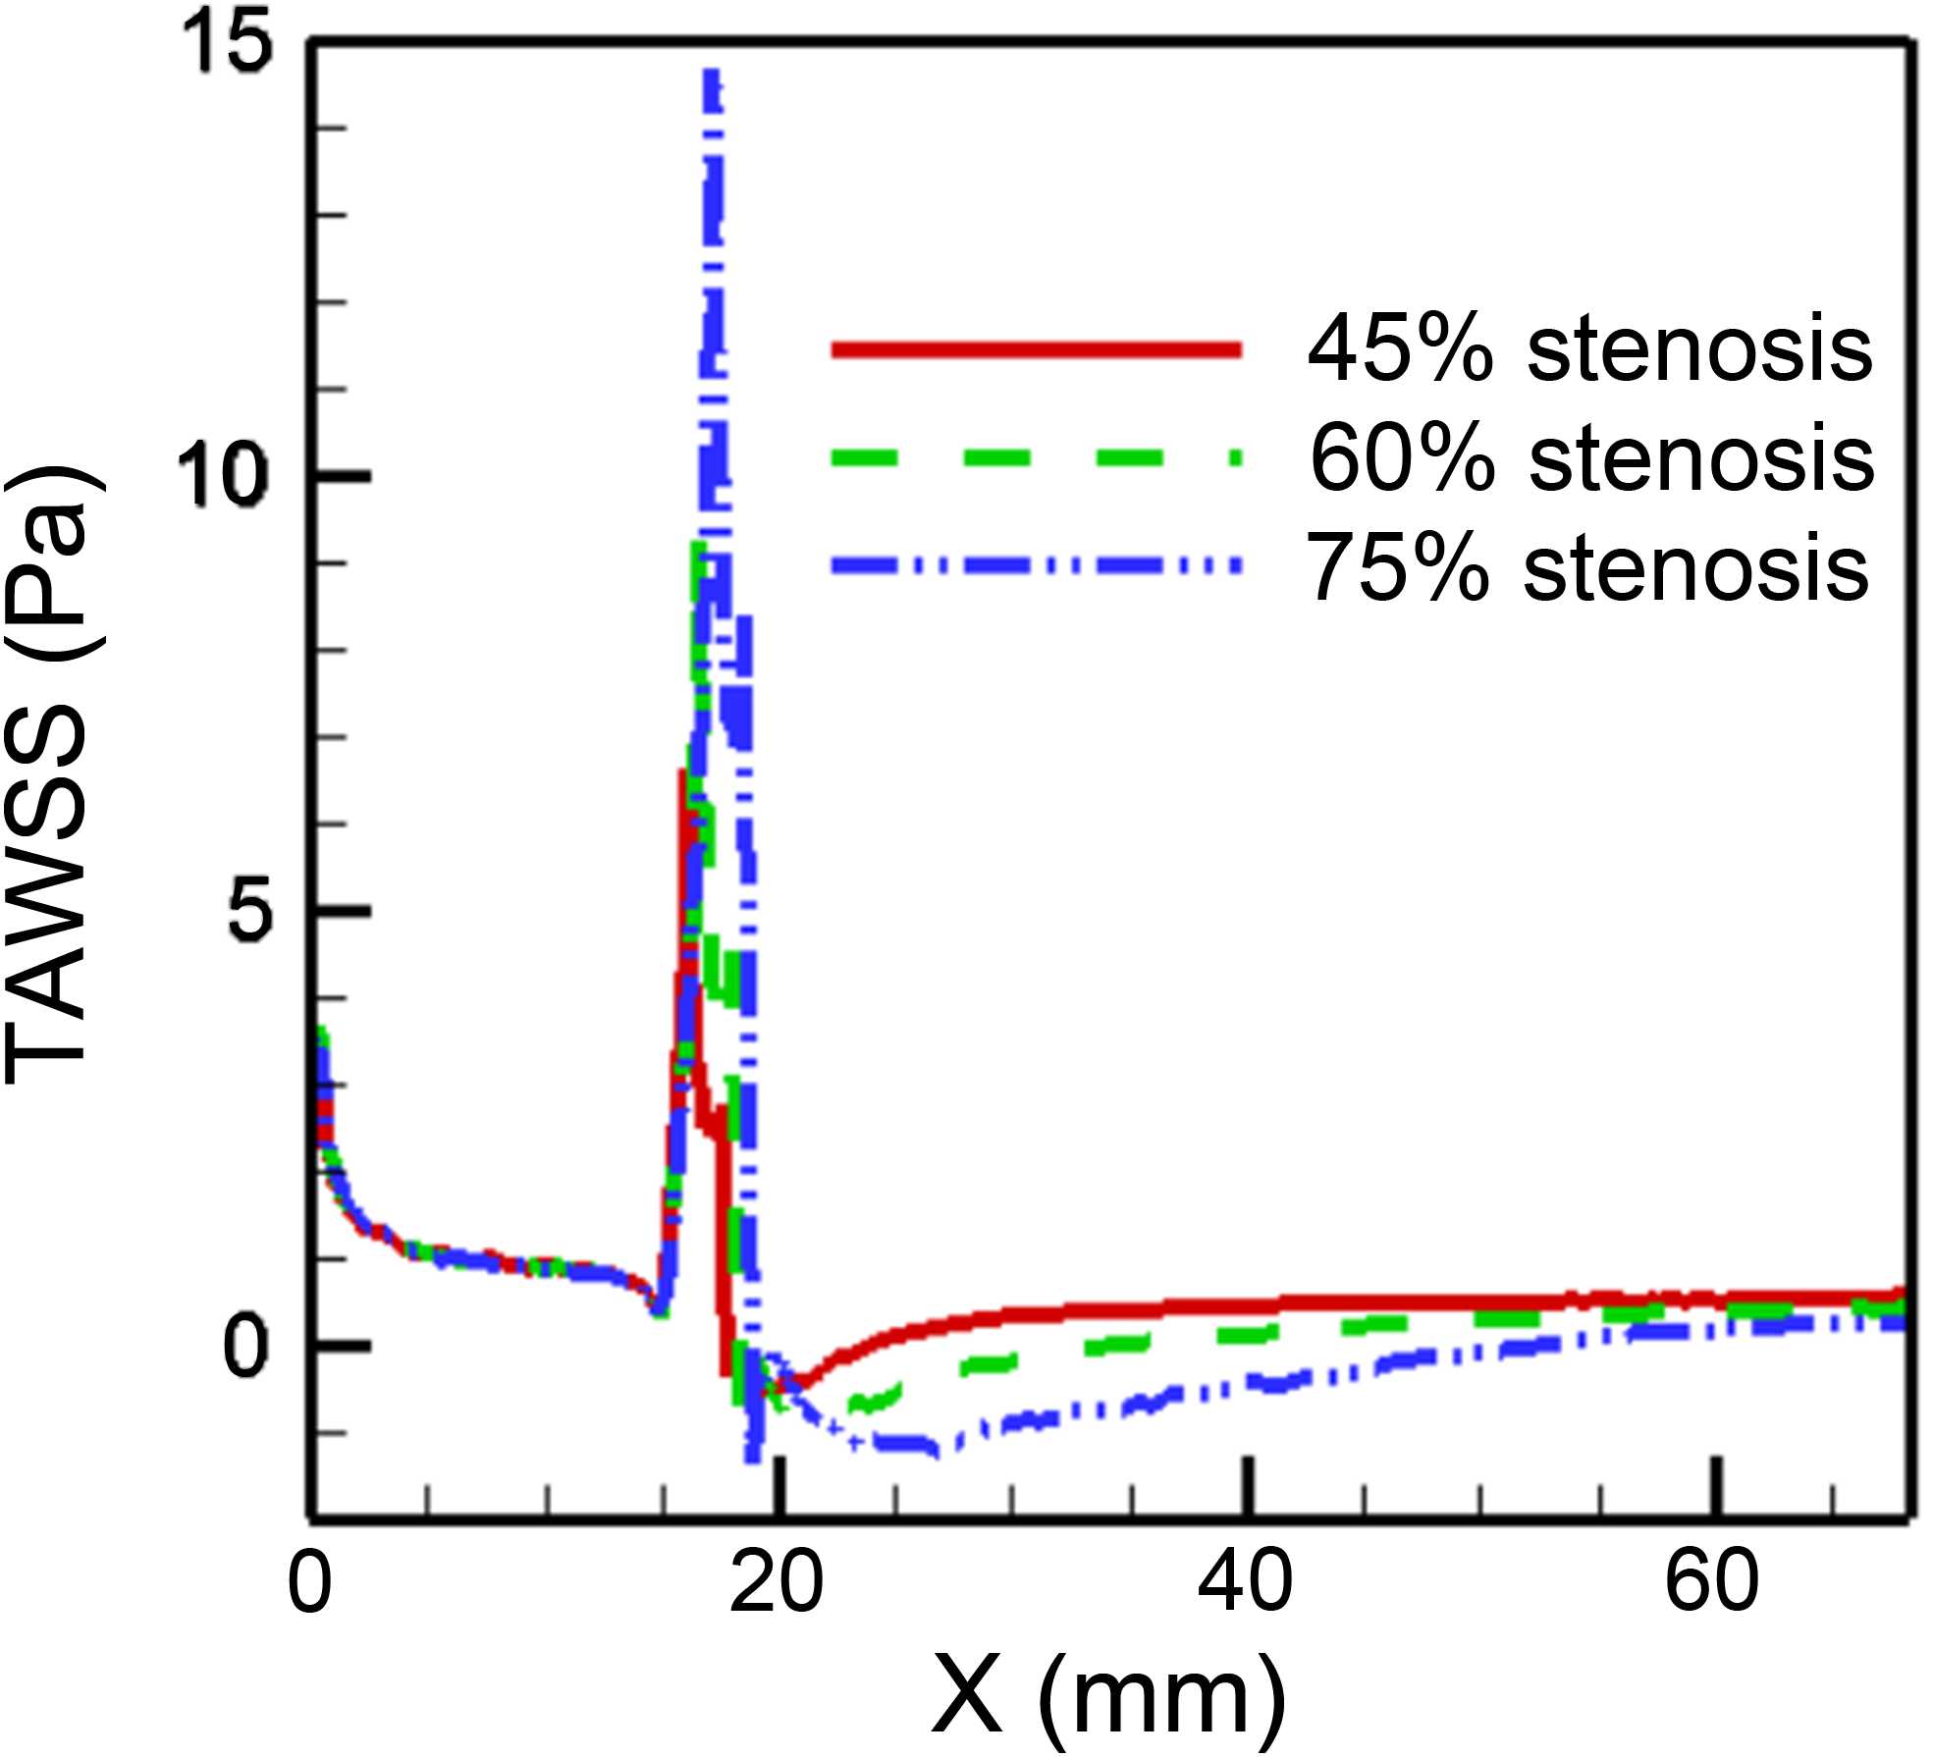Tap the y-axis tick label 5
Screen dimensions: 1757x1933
245,914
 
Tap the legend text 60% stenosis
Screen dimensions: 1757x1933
1591,458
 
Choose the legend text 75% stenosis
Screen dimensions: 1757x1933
1587,567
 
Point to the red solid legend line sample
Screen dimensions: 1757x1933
1036,349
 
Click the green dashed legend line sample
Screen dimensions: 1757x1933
1036,457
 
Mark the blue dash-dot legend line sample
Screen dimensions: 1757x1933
1036,565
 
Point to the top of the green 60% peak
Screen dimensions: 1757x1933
699,546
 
